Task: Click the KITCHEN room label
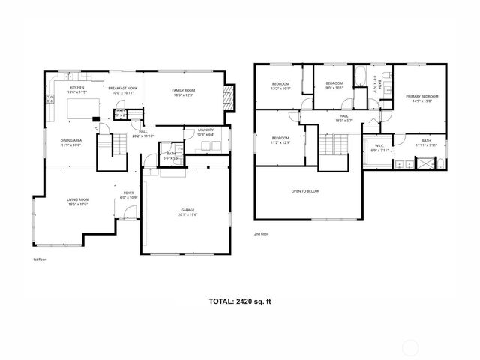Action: click(x=77, y=88)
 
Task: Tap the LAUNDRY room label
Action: click(x=205, y=130)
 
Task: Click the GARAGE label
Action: click(x=187, y=211)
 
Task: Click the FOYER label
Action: click(x=129, y=193)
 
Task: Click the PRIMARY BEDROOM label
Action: click(x=421, y=97)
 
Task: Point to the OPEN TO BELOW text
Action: click(x=305, y=191)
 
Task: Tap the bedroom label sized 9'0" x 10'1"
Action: click(x=334, y=82)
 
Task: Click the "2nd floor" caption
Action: click(x=261, y=234)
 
